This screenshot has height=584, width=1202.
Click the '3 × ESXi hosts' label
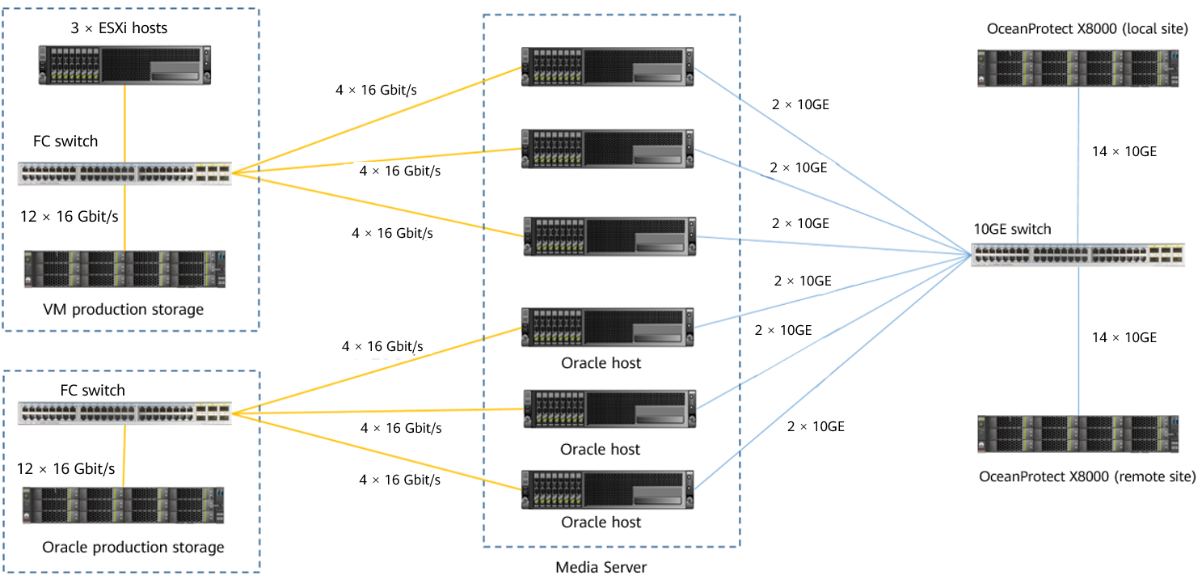118,28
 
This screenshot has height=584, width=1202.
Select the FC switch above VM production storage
124,173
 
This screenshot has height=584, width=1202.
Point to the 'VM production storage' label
123,309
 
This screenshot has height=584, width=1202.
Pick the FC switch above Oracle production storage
124,413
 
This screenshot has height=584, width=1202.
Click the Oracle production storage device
123,506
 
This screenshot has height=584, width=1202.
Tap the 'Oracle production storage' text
133,548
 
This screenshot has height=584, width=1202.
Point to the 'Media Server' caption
601,567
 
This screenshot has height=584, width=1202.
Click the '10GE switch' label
1012,229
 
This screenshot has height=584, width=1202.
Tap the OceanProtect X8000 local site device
1079,68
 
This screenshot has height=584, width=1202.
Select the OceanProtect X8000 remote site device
1079,438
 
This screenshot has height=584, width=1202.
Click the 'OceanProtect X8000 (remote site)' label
1087,476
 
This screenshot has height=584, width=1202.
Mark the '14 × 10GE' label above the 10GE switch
1124,151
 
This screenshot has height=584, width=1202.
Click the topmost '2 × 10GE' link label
800,104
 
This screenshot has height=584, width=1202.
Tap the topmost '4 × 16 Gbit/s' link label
376,90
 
